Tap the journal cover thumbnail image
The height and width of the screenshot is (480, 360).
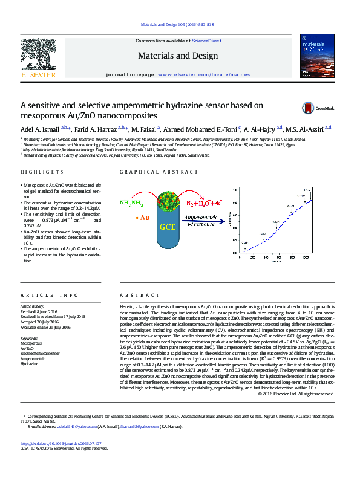tap(317, 56)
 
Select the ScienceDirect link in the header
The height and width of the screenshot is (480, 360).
tap(205, 41)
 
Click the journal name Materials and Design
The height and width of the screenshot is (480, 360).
tap(177, 56)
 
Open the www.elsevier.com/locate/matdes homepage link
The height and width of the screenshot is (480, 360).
tap(195, 73)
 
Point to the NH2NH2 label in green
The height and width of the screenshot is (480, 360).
tap(131, 203)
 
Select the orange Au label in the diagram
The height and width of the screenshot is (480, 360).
tap(144, 216)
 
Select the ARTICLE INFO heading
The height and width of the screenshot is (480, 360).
tap(49, 295)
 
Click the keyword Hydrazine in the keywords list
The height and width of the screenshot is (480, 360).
tap(29, 365)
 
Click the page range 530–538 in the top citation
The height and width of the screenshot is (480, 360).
tap(205, 25)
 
